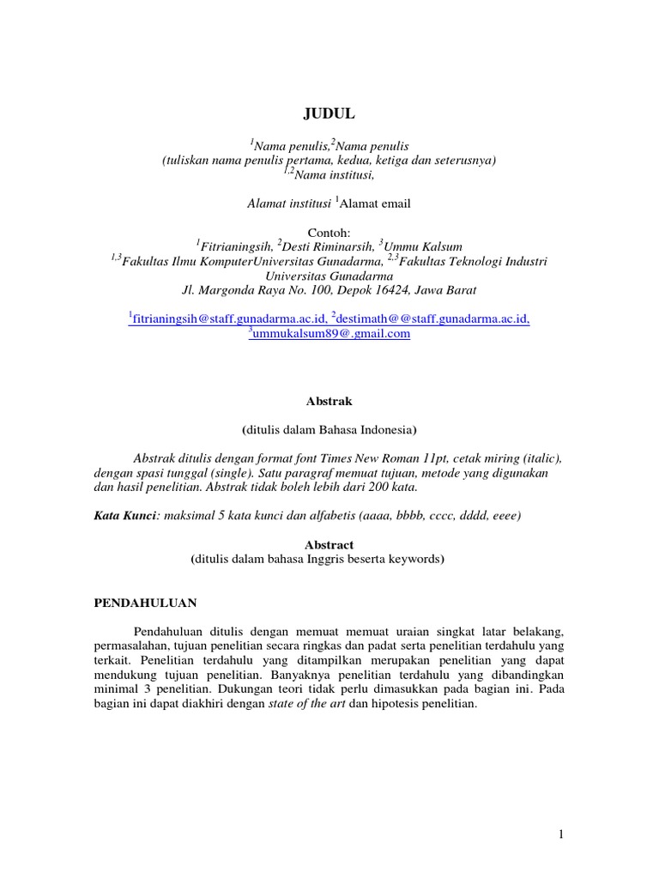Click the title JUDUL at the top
point(329,113)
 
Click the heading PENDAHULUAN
point(146,603)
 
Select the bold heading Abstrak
point(329,400)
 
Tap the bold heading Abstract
point(329,545)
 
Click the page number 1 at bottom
point(559,834)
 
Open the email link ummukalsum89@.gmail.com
point(331,334)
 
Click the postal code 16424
point(374,289)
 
